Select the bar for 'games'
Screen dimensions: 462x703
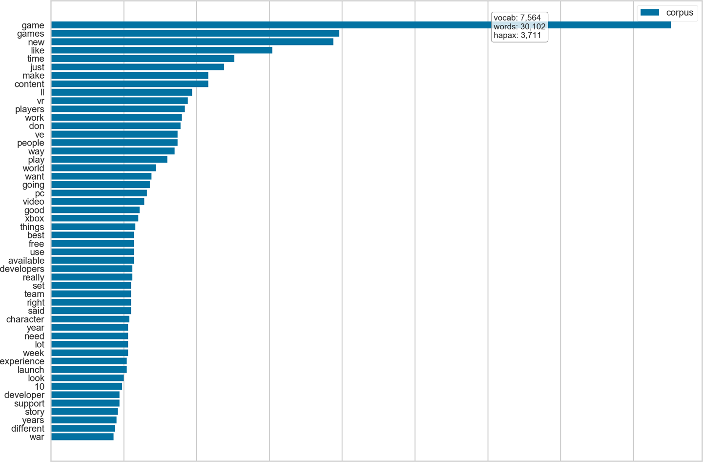(x=195, y=33)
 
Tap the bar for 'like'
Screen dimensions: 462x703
(x=162, y=50)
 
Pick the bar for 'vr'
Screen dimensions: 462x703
(x=120, y=101)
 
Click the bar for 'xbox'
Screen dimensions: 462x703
(x=95, y=218)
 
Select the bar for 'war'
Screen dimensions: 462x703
(x=83, y=437)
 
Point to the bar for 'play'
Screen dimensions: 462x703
(x=109, y=160)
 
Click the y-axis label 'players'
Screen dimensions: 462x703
(x=30, y=109)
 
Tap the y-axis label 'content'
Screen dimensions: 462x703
(x=29, y=84)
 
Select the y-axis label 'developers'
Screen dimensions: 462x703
(x=22, y=269)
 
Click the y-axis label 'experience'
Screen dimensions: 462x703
(x=22, y=361)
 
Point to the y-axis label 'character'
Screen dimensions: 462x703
(x=25, y=319)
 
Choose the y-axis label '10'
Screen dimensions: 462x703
(x=39, y=387)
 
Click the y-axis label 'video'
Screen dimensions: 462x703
(x=33, y=202)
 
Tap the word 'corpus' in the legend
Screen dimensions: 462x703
(x=680, y=13)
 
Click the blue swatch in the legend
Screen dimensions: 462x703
(x=650, y=13)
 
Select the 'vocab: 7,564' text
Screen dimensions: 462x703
(x=517, y=18)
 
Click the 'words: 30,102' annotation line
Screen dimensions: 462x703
(x=519, y=26)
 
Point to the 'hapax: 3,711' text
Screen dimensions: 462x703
(x=517, y=35)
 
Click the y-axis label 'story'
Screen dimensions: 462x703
(x=34, y=412)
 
